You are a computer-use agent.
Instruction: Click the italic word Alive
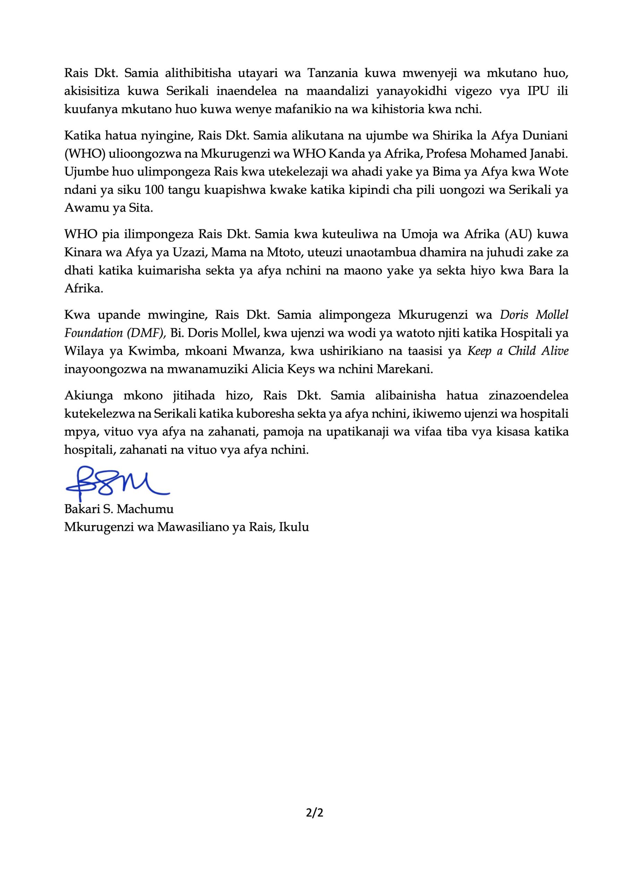pos(554,351)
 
